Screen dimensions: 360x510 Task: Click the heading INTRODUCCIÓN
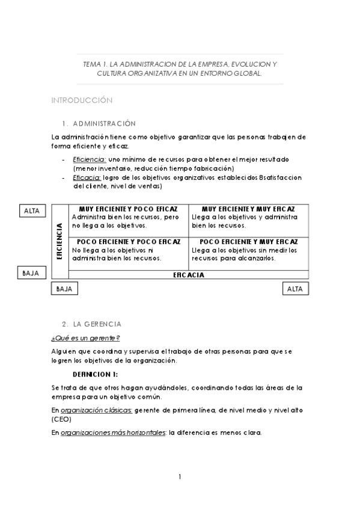click(x=82, y=100)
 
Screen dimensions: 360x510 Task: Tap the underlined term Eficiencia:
click(x=90, y=159)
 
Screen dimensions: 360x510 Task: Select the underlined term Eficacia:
click(x=87, y=177)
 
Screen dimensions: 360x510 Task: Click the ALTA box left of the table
click(x=31, y=210)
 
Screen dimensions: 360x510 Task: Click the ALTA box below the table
click(x=295, y=289)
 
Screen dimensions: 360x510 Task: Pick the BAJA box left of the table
click(x=30, y=273)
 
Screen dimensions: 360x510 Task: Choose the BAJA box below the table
click(x=64, y=289)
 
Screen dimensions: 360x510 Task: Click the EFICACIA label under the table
click(x=189, y=275)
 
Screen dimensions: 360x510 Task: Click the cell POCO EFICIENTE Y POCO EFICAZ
click(x=129, y=250)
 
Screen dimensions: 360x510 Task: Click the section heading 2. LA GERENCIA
click(x=92, y=324)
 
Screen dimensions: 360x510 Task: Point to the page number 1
click(x=180, y=477)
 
